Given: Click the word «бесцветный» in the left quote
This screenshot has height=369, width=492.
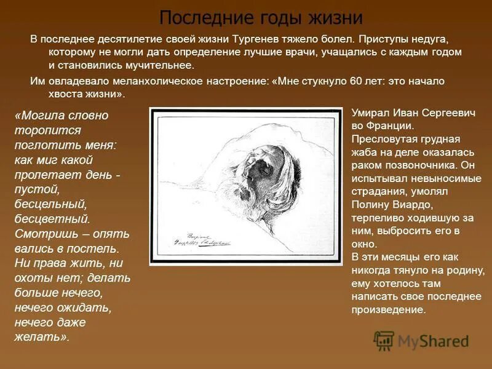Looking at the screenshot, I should pyautogui.click(x=52, y=218).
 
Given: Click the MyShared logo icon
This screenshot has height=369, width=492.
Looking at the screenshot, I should pyautogui.click(x=384, y=340).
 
